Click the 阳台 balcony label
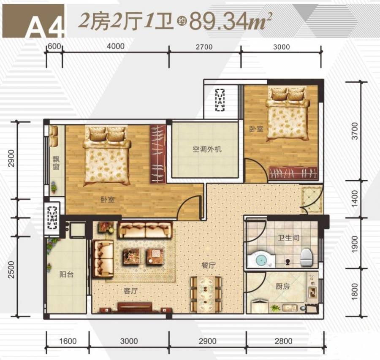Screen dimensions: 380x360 [66, 274]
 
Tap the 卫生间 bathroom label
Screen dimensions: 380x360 [289, 238]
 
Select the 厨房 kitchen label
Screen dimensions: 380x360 [282, 286]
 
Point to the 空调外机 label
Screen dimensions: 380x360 [207, 149]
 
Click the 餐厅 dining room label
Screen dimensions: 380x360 [209, 265]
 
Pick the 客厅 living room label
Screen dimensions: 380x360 [130, 290]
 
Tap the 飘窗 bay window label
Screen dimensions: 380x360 [56, 163]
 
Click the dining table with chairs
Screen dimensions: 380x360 [206, 294]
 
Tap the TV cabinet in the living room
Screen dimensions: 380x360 [135, 307]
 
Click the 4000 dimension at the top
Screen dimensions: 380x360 [116, 46]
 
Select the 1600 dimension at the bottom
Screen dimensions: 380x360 [68, 341]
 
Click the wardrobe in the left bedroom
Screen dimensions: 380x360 [158, 154]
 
